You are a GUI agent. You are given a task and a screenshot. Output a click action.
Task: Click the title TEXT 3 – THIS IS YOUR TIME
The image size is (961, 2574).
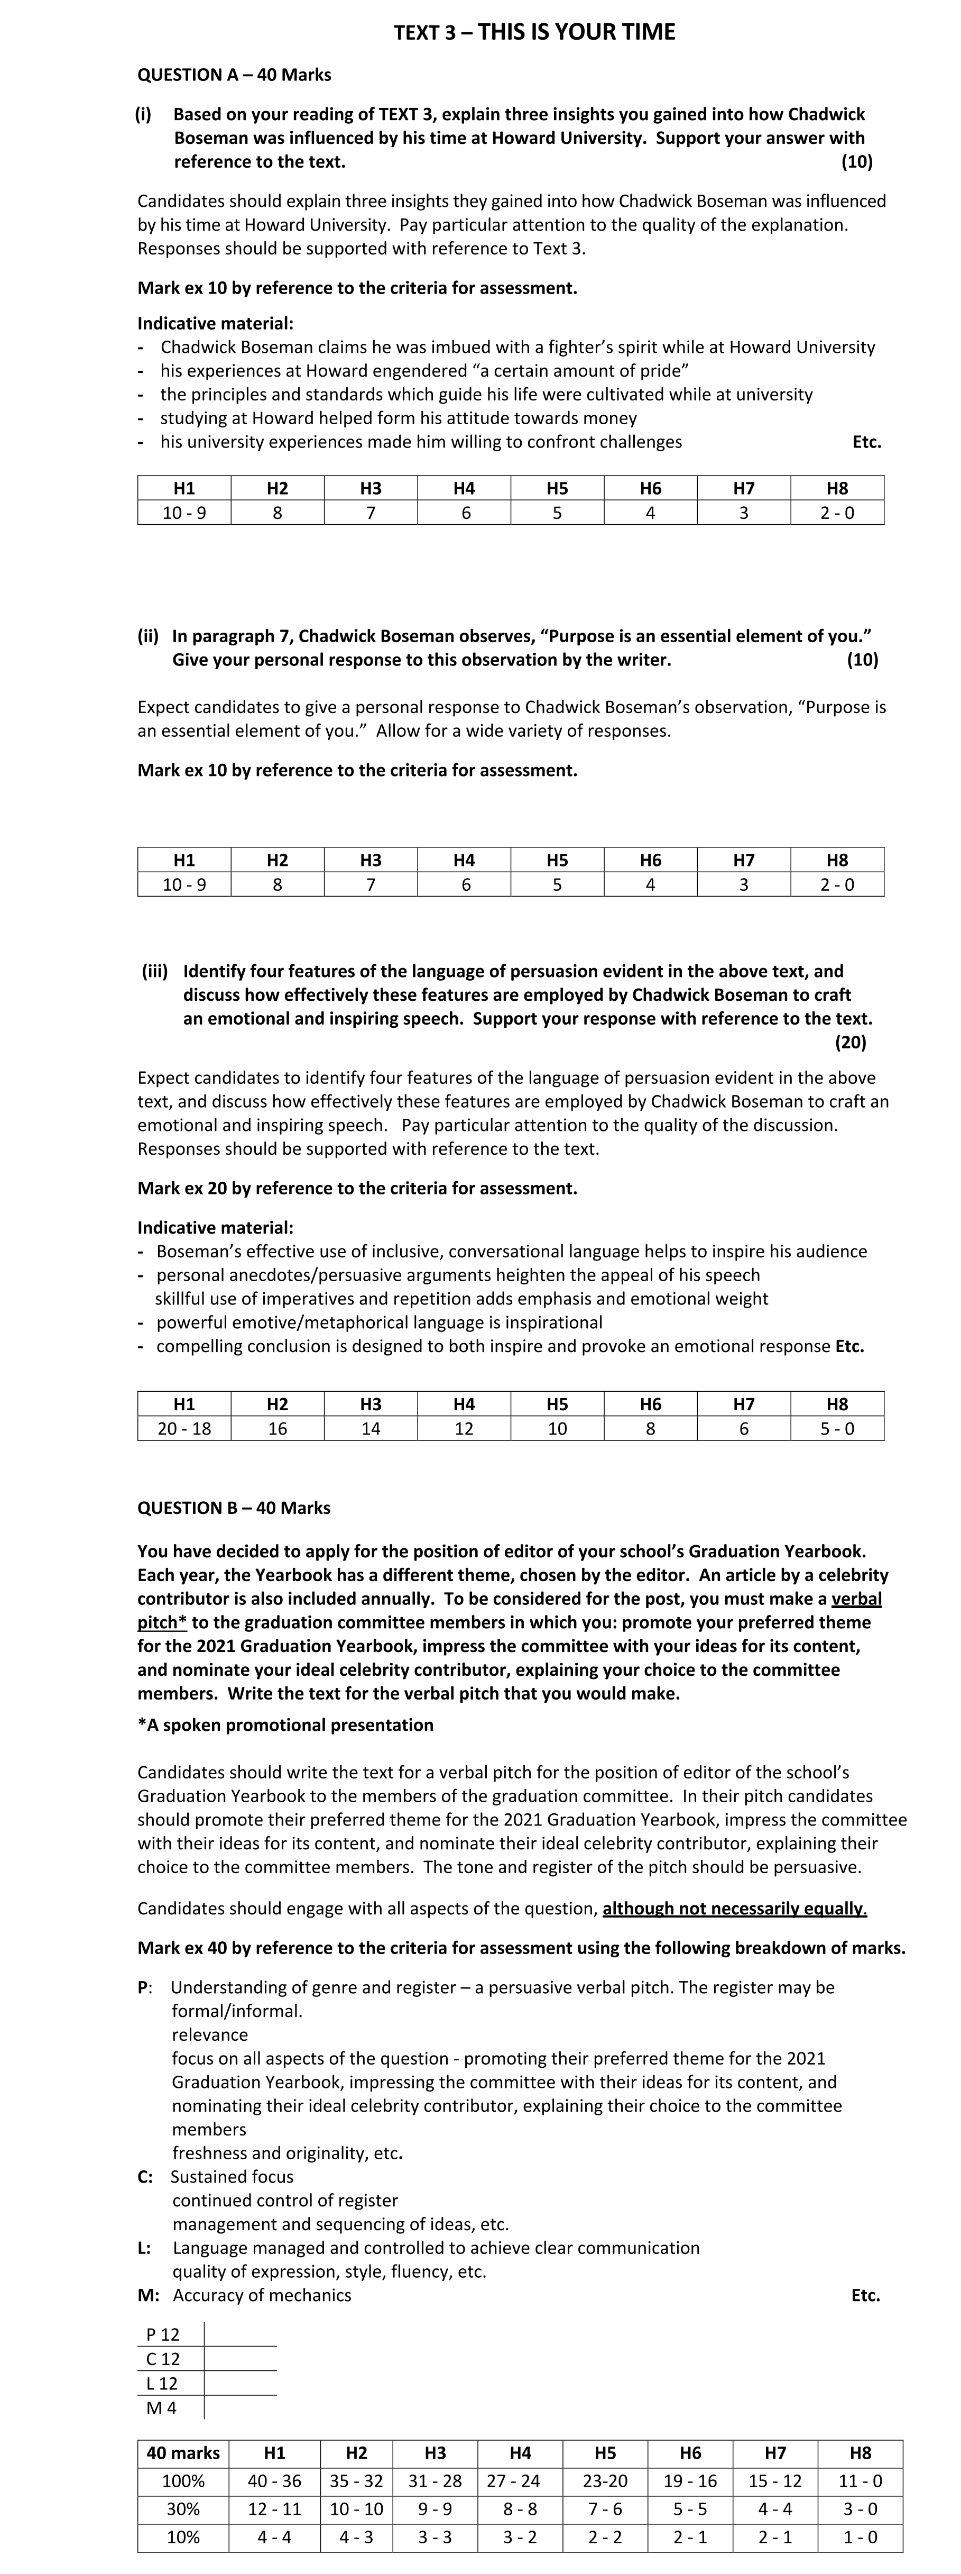point(534,32)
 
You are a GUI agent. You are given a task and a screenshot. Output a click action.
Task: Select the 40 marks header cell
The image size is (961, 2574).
point(183,2452)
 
